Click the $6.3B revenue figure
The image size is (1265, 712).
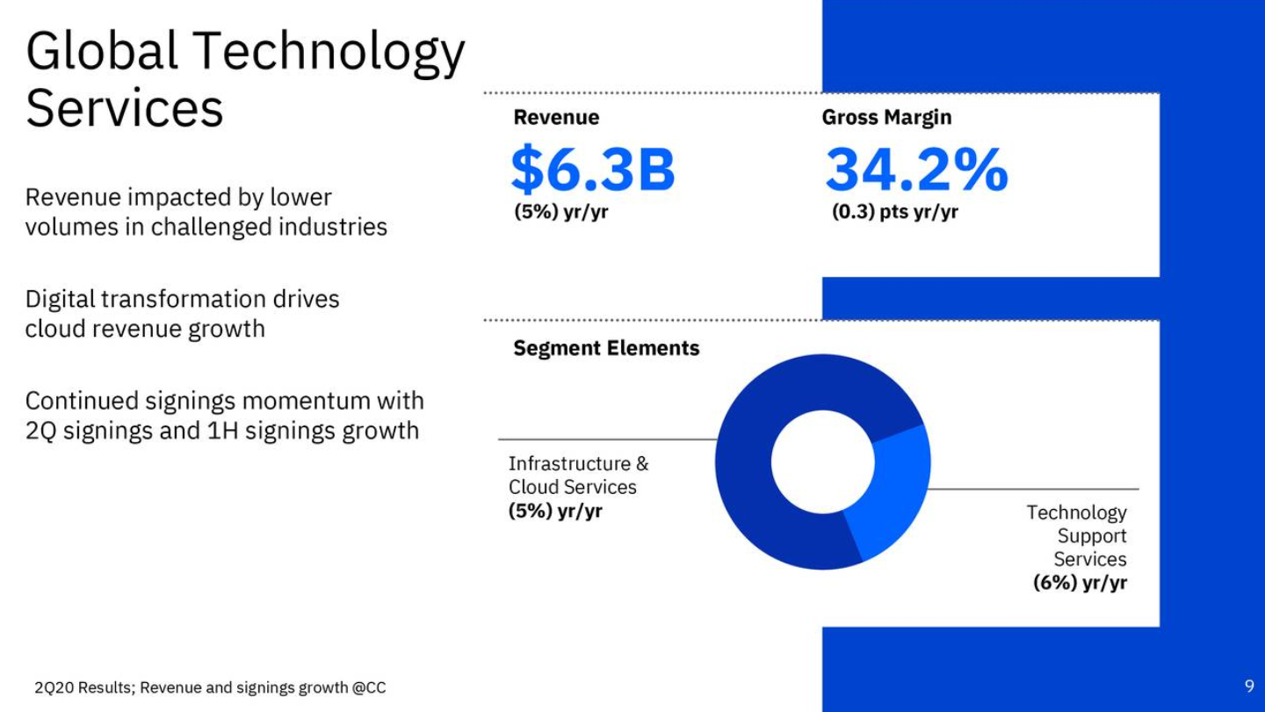[x=593, y=169]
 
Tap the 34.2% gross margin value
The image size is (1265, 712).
[x=916, y=169]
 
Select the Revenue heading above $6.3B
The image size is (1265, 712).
[x=556, y=117]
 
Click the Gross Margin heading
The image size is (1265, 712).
[x=886, y=118]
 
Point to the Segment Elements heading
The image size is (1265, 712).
[x=606, y=348]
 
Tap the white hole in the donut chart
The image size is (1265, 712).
[x=823, y=462]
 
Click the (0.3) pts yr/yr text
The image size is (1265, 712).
[x=894, y=212]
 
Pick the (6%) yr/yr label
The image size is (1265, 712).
[x=1080, y=583]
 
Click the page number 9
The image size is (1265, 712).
[x=1249, y=686]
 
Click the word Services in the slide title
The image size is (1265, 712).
[x=124, y=108]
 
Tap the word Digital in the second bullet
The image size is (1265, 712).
[x=60, y=300]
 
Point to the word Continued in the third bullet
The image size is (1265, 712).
[x=82, y=401]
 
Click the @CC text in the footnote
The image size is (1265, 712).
[x=369, y=687]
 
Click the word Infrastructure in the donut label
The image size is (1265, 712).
[x=569, y=463]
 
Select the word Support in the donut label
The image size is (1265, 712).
[x=1092, y=535]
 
